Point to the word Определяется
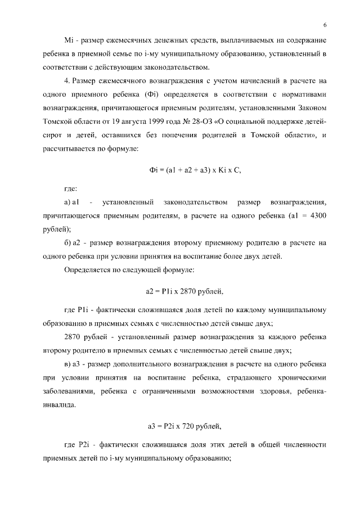tap(88, 270)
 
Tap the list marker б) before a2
tap(69, 243)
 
